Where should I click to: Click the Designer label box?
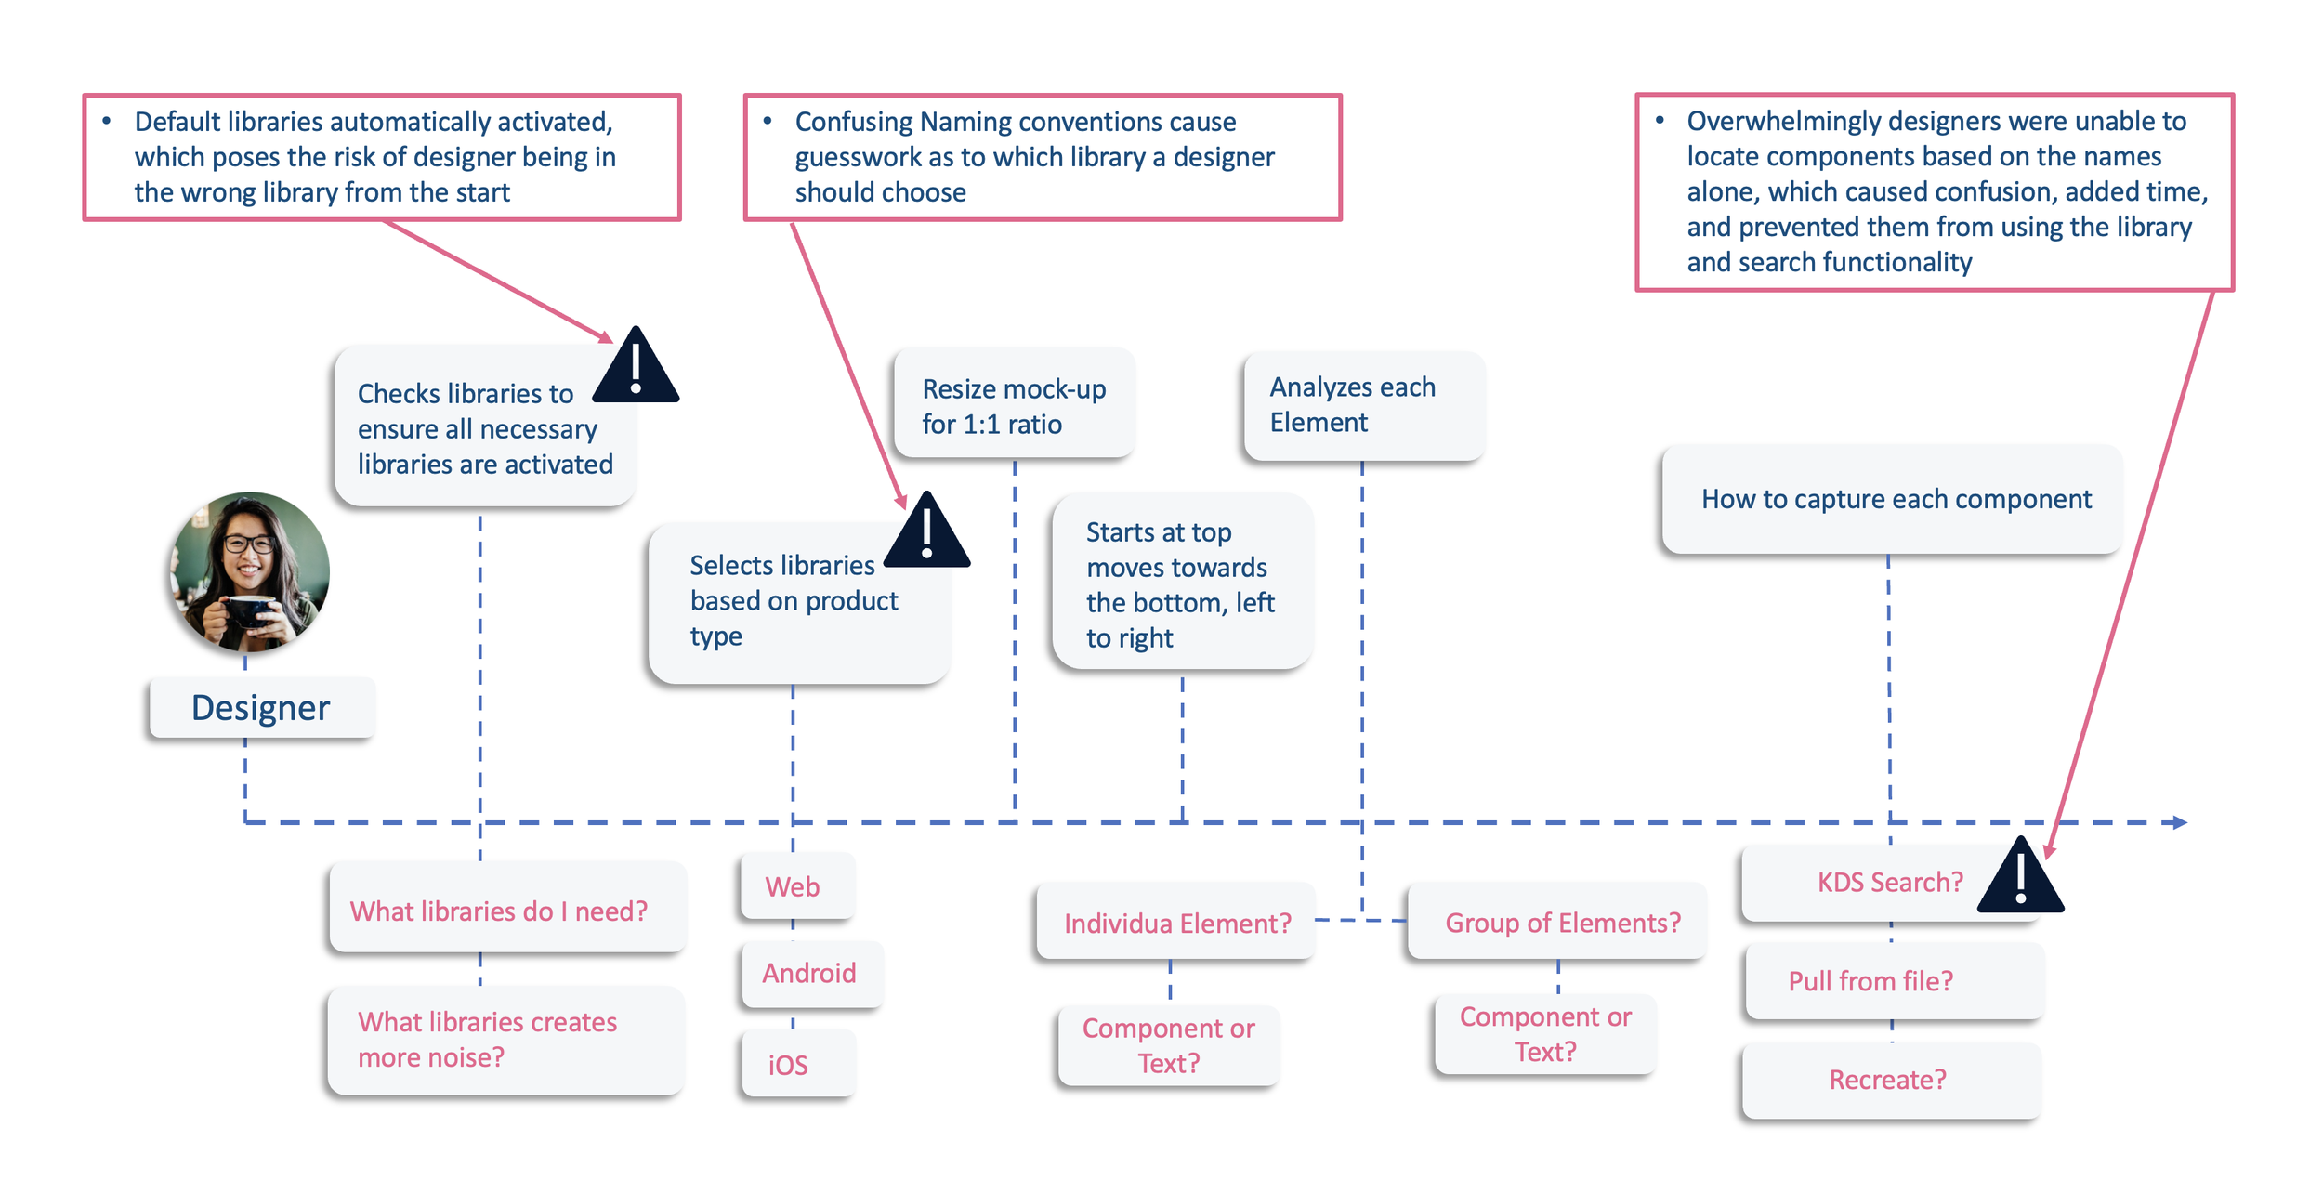point(262,708)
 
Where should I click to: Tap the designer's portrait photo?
point(249,572)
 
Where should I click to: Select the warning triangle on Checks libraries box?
point(636,364)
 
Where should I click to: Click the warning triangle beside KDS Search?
point(2020,875)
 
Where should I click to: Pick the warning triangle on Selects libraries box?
point(926,530)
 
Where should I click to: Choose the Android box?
point(811,973)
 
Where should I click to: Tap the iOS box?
point(798,1063)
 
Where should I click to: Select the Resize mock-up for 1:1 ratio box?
point(1014,403)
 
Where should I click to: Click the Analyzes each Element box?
point(1363,405)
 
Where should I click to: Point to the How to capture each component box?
point(1892,499)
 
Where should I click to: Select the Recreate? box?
point(1891,1080)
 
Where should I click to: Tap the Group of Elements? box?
point(1556,922)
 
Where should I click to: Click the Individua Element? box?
point(1175,922)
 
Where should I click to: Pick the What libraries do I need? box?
point(507,909)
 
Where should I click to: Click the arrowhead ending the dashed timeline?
point(2180,822)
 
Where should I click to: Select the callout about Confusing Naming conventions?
point(1043,157)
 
